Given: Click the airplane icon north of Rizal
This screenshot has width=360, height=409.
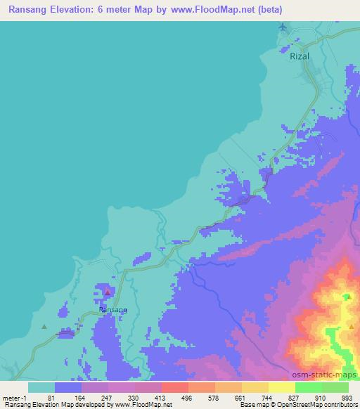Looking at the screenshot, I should [x=283, y=27].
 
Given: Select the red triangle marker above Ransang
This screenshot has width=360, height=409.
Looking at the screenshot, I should [x=107, y=292].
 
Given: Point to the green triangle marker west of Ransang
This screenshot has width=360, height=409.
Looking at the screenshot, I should [x=44, y=326].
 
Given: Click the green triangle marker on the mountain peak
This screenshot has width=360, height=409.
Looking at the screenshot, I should [x=347, y=297].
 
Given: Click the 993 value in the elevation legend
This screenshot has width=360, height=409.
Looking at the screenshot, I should [x=347, y=398].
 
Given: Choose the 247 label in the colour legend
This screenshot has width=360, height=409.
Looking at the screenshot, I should [x=108, y=398].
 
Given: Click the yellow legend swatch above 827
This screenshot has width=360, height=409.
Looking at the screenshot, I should [x=281, y=387].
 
